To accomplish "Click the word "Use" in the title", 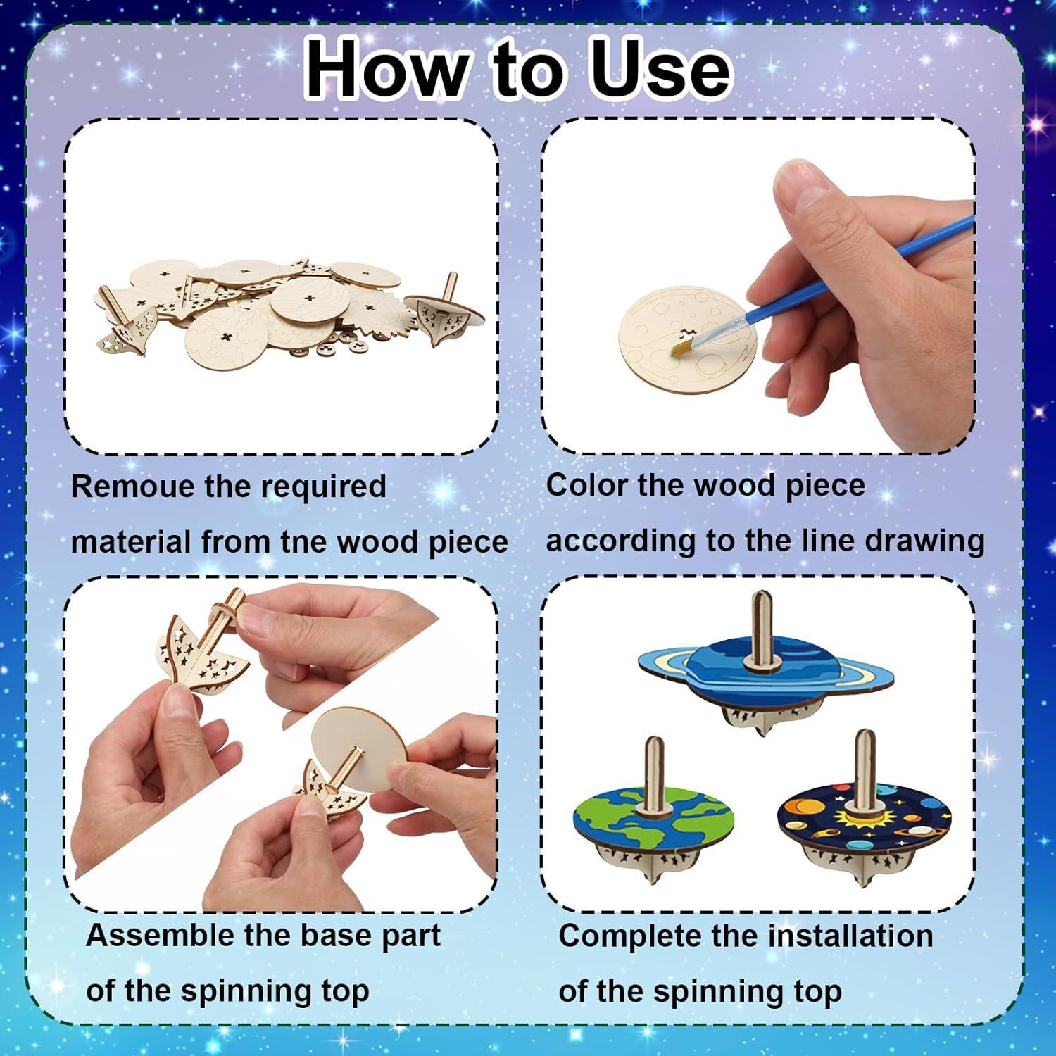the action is (x=661, y=68).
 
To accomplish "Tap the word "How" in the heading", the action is (x=386, y=68).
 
